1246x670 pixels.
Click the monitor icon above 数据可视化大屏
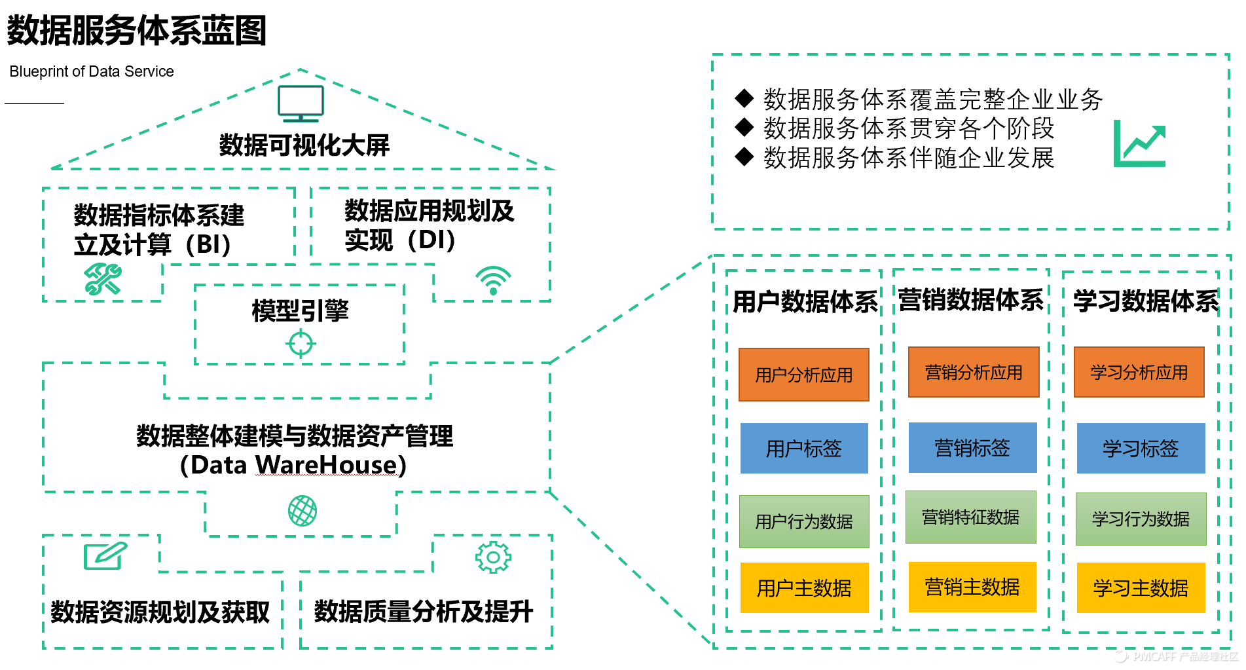click(301, 103)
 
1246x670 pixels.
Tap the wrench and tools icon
click(103, 280)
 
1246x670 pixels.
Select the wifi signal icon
click(493, 281)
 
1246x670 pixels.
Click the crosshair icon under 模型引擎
click(301, 343)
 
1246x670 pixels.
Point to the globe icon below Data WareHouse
click(302, 511)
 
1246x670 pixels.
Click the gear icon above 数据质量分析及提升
click(493, 557)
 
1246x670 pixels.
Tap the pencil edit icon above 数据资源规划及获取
click(105, 556)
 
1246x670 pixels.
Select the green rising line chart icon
click(1140, 143)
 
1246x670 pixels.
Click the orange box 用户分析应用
click(803, 375)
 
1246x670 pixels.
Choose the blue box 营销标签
click(972, 448)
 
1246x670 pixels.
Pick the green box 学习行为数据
click(1141, 519)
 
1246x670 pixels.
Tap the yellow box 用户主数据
click(804, 587)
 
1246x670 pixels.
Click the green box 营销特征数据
click(970, 517)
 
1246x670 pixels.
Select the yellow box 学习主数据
click(1141, 587)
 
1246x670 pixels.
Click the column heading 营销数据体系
click(970, 300)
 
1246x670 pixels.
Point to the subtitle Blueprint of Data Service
click(92, 71)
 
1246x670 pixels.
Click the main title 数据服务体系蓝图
click(136, 31)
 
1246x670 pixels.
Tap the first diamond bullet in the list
click(744, 99)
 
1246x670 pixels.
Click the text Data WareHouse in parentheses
click(293, 465)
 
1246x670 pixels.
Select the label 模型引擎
click(300, 310)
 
